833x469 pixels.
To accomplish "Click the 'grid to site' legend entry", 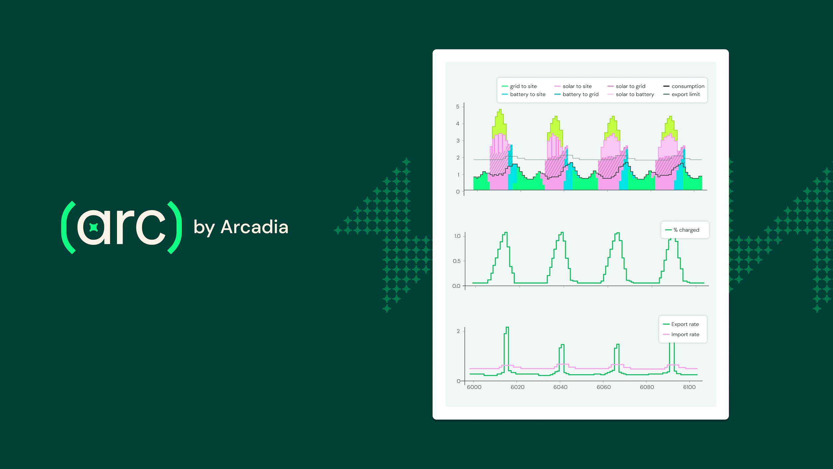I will [x=523, y=86].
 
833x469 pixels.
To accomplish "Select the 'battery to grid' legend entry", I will [x=580, y=94].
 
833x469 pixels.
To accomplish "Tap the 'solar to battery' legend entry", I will [x=634, y=94].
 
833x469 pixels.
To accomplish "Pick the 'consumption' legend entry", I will [x=687, y=86].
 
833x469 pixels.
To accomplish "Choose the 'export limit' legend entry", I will [x=685, y=94].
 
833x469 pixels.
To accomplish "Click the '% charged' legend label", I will [x=686, y=230].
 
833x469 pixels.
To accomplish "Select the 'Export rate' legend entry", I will [x=685, y=324].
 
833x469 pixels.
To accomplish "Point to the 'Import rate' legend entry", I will [x=685, y=335].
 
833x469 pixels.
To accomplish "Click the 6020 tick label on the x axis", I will [x=517, y=387].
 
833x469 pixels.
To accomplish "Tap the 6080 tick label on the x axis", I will [x=647, y=387].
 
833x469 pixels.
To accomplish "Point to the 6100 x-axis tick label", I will [x=689, y=387].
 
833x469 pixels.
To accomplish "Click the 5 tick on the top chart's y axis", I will [x=457, y=107].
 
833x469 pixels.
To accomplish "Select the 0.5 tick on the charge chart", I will [x=456, y=261].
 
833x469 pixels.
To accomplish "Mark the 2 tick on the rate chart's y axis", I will [x=458, y=331].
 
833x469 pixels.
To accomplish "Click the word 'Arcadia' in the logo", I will [x=254, y=227].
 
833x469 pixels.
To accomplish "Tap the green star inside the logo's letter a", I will [x=94, y=227].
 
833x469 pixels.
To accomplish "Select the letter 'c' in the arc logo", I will [x=150, y=227].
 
